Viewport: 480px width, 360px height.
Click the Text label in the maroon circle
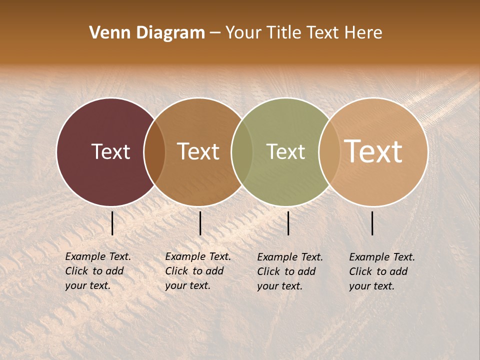point(110,151)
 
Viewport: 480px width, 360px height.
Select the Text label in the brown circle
point(198,151)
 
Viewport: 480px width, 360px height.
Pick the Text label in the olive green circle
point(285,151)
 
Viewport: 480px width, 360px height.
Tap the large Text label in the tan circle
point(373,151)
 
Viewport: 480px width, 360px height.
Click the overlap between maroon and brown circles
point(154,151)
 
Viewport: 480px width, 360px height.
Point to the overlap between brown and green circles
point(242,151)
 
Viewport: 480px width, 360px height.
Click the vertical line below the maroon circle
point(112,223)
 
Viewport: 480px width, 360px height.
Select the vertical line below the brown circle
point(200,223)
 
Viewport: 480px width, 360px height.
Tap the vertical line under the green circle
point(288,223)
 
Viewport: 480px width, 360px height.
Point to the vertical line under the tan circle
point(372,223)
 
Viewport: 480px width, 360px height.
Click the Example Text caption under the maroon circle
point(98,271)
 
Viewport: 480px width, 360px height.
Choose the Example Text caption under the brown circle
point(198,271)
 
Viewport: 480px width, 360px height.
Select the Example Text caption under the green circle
point(290,271)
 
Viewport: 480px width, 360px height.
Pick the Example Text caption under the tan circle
point(382,271)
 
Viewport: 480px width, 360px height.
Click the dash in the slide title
point(215,33)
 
